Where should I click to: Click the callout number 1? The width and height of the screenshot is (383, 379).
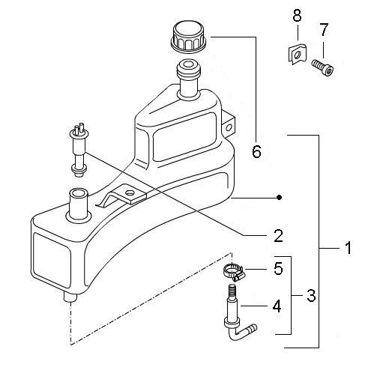[x=348, y=248]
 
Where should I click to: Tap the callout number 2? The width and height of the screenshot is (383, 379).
[x=278, y=236]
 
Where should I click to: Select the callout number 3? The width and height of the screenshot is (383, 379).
[x=311, y=296]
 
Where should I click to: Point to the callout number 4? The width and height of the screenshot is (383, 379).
[x=277, y=306]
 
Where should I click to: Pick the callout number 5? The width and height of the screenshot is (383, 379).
[x=278, y=268]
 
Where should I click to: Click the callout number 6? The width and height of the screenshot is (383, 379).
[x=256, y=151]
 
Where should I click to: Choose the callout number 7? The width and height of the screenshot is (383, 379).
[x=324, y=29]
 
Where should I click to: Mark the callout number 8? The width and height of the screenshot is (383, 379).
[x=297, y=16]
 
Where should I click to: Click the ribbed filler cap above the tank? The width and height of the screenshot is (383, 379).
[x=189, y=37]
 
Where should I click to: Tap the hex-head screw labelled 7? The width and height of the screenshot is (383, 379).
[x=322, y=67]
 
